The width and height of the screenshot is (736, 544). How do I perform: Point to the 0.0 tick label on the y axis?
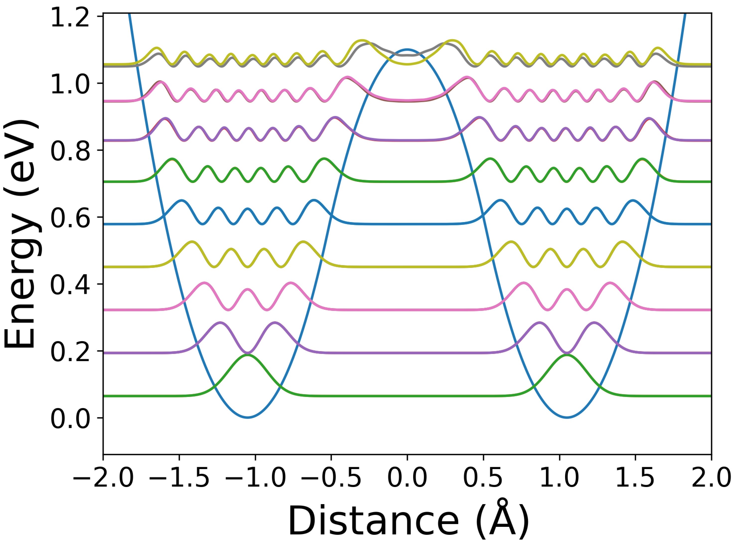(x=70, y=419)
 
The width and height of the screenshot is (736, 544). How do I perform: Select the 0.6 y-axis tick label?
(x=70, y=218)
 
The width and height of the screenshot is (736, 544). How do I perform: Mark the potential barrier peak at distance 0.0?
(x=407, y=50)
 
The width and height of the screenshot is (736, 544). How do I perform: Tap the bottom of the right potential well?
(x=567, y=418)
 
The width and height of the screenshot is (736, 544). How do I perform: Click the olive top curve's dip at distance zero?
(x=407, y=64)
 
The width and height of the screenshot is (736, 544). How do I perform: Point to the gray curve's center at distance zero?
(x=407, y=55)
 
